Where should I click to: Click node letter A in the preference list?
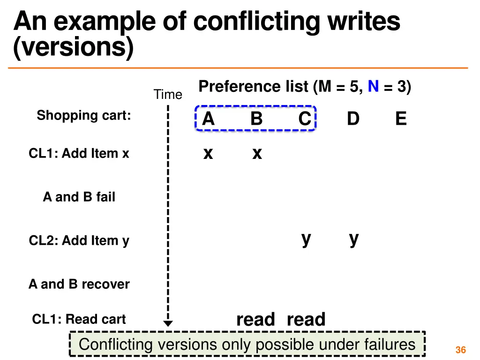[208, 119]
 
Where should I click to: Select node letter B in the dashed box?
[256, 119]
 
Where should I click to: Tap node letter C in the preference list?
[305, 119]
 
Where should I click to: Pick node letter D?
[353, 119]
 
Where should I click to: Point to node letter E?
[401, 119]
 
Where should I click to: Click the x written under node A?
[208, 153]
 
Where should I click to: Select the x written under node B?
[257, 153]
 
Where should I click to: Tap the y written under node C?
[306, 239]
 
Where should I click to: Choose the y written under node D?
[354, 239]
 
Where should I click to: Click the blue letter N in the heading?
[373, 87]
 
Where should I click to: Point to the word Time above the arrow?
[168, 95]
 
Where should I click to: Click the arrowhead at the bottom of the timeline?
[168, 323]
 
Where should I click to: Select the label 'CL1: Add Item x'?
[79, 153]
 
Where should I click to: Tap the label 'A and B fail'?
[79, 197]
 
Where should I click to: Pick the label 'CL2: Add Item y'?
[79, 241]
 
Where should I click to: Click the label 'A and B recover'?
[79, 284]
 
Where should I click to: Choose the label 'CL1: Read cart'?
[79, 319]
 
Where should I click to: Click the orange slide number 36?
[460, 350]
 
